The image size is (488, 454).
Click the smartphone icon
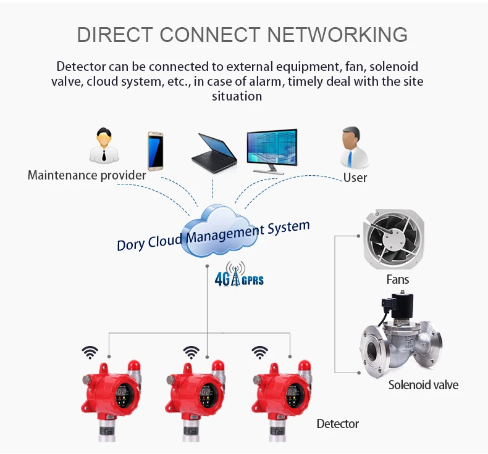point(155,151)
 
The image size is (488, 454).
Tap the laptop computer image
point(213,153)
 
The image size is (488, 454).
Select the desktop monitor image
point(272,150)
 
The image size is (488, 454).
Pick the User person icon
point(354,148)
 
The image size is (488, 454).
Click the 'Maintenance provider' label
point(86,175)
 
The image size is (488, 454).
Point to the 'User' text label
point(355,178)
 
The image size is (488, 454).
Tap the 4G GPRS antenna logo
point(238,276)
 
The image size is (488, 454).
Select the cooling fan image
point(393,237)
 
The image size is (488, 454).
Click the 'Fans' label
point(397,279)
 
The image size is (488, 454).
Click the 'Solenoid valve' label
point(423,385)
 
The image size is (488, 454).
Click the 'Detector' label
point(337,424)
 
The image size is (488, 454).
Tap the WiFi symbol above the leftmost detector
point(90,352)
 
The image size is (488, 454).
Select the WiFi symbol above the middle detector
point(191,352)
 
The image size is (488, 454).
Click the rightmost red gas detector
point(278,398)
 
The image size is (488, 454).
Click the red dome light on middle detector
point(217,366)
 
